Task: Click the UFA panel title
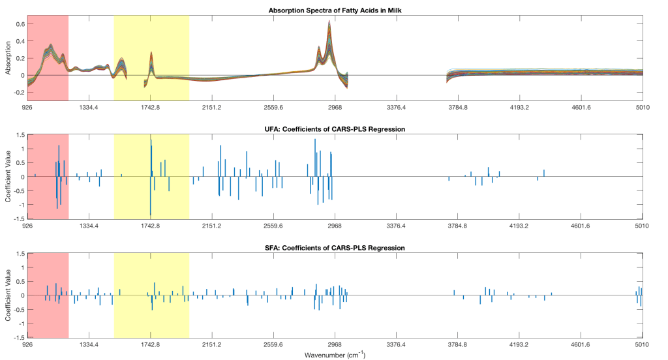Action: point(334,129)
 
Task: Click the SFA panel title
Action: point(334,248)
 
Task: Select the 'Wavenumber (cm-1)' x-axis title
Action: point(334,355)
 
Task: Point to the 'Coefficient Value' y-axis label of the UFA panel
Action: point(9,177)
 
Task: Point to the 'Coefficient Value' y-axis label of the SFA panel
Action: point(9,296)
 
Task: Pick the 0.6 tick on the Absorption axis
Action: point(21,24)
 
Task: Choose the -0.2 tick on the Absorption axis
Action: point(20,93)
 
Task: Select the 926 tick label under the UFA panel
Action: point(27,226)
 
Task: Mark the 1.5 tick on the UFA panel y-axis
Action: point(21,135)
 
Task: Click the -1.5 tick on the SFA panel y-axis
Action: point(20,338)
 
